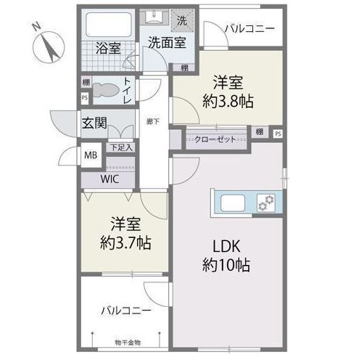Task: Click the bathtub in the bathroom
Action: [109, 28]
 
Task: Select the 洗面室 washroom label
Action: [167, 42]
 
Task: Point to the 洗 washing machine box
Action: [183, 20]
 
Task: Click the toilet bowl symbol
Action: [107, 89]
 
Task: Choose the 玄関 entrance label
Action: [94, 122]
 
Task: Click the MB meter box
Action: [91, 155]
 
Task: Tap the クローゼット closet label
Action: [215, 138]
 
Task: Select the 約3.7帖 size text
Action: [125, 242]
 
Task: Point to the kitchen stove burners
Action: [267, 200]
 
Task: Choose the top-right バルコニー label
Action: [248, 29]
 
